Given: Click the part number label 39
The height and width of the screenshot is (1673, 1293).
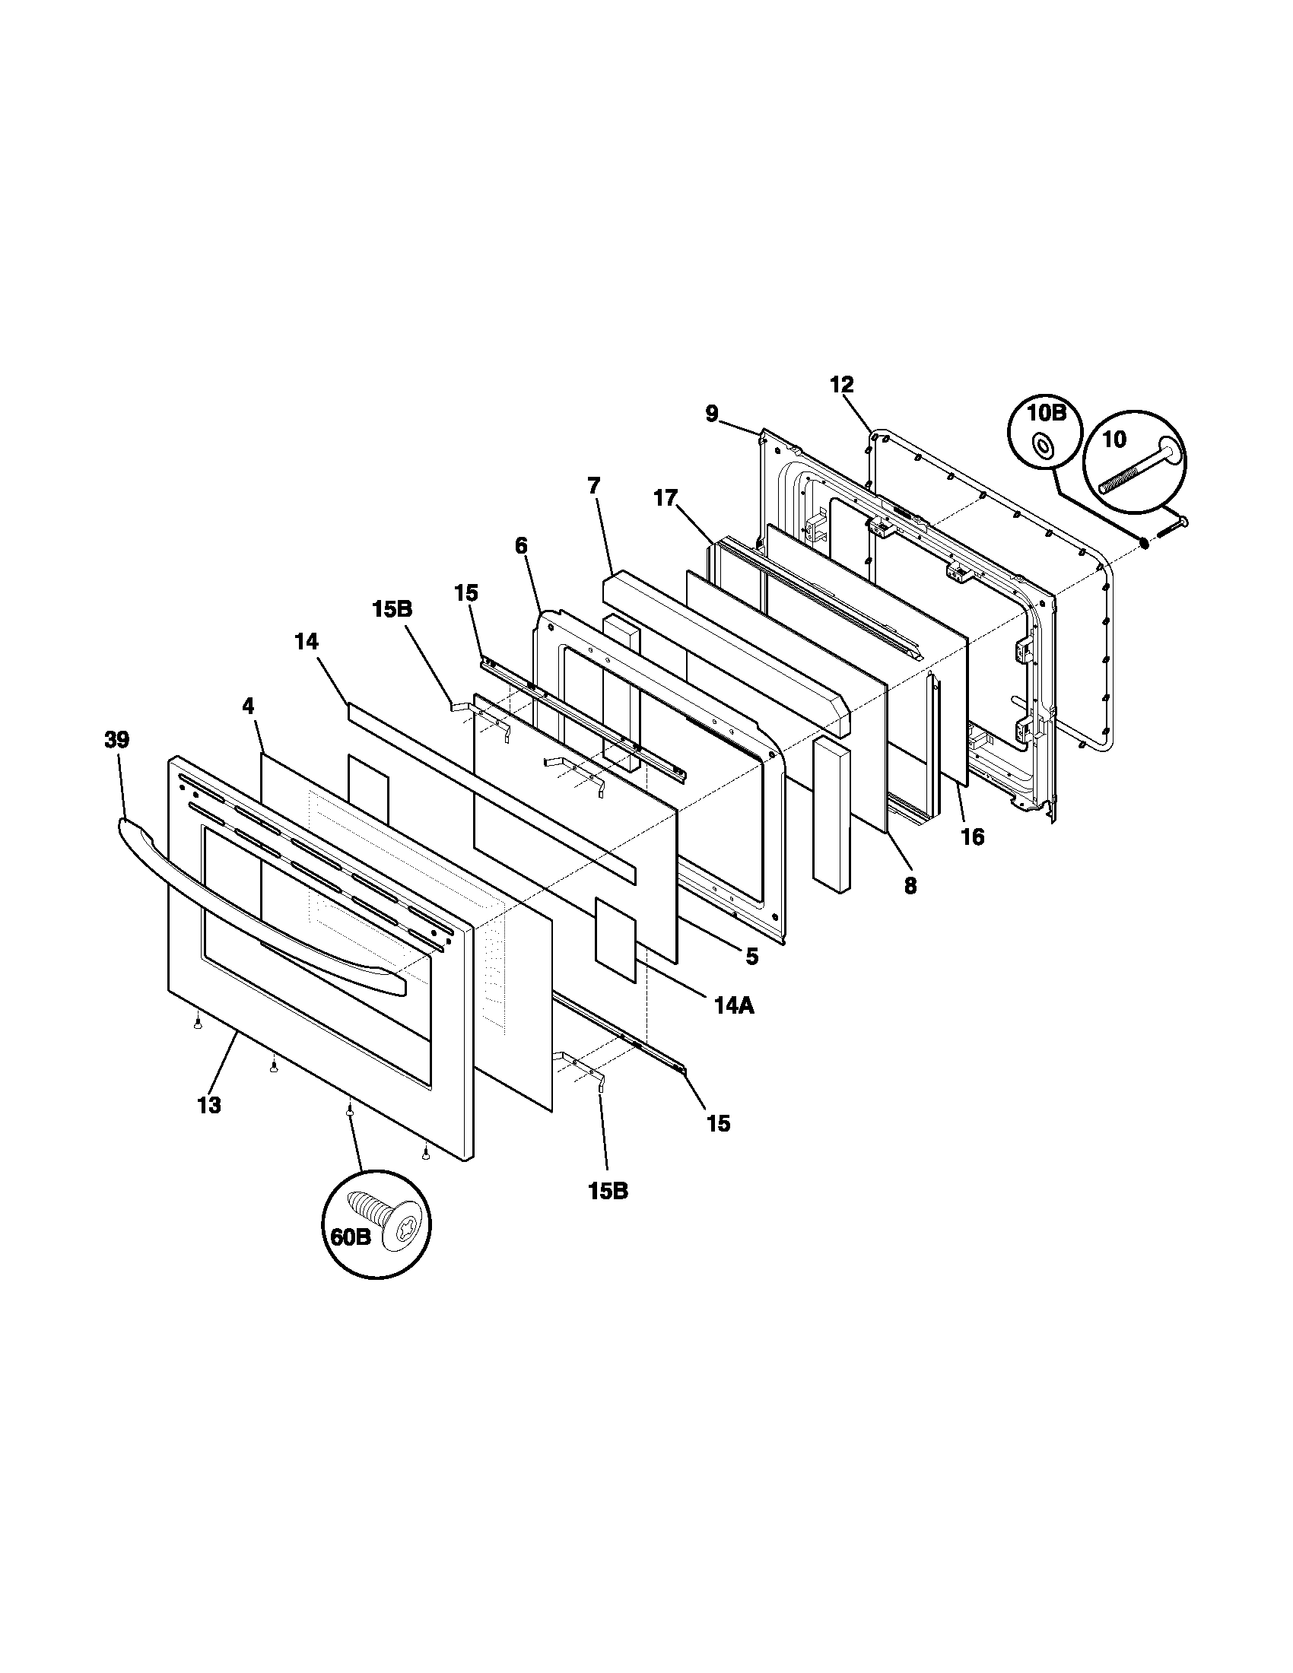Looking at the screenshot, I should (117, 740).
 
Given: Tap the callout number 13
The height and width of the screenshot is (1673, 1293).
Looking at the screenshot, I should (208, 1105).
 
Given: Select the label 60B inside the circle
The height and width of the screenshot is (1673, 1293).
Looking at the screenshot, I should (351, 1259).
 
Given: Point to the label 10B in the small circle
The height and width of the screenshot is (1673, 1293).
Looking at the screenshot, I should (1047, 414).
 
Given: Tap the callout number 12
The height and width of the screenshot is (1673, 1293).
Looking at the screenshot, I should (841, 384).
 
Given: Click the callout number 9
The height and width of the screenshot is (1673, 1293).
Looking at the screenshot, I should (713, 414).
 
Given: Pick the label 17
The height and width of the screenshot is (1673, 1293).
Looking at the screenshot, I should (666, 498).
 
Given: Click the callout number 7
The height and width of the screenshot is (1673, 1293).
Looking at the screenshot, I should (594, 485).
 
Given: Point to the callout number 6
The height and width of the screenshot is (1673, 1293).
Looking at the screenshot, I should (521, 545).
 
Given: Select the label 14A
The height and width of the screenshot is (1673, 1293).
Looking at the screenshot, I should (734, 1005).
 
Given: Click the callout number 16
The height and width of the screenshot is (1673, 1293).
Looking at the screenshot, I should (972, 836).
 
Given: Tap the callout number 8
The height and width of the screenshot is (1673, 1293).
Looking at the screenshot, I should (910, 885).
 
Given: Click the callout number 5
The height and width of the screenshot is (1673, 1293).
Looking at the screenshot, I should (751, 956).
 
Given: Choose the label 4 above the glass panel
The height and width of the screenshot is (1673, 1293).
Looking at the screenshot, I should (248, 706).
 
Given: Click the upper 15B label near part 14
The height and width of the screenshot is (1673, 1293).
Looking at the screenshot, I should (392, 609).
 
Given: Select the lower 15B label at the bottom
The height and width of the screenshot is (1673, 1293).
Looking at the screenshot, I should (608, 1191).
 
